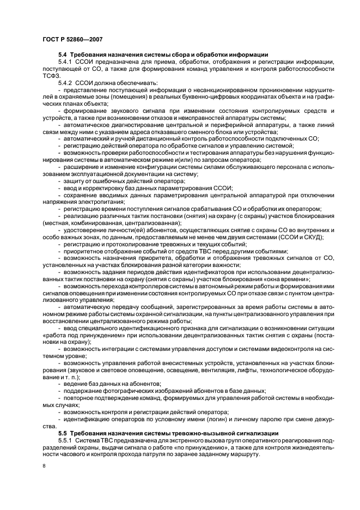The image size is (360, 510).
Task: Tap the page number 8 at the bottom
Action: click(x=44, y=466)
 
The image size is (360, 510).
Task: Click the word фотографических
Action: click(x=126, y=392)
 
